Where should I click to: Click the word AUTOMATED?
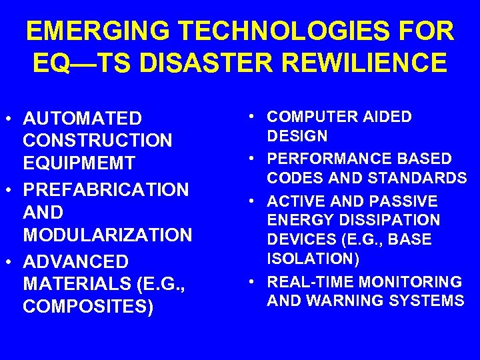coord(82,119)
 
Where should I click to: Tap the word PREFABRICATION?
coord(106,189)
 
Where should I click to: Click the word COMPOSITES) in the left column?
coord(88,307)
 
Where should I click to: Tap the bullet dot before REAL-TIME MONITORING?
coord(255,282)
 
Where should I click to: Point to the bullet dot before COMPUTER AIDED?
coord(255,117)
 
